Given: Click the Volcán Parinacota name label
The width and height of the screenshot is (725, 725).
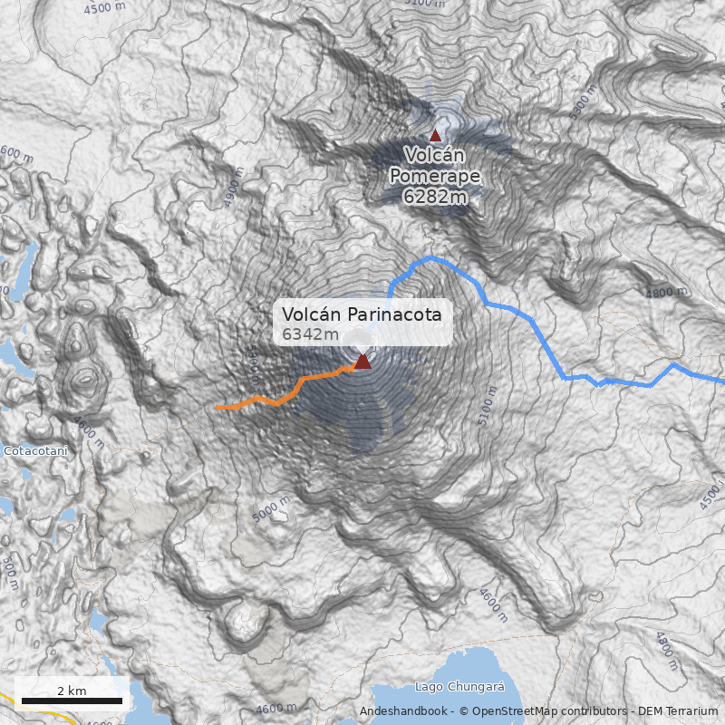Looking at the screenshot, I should pyautogui.click(x=362, y=314).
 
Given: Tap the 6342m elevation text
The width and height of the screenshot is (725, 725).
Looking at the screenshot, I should pyautogui.click(x=310, y=334).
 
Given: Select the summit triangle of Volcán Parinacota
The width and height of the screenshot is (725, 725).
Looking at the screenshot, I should pyautogui.click(x=362, y=362).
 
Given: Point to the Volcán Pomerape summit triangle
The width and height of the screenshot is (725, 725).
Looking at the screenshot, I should pyautogui.click(x=435, y=135).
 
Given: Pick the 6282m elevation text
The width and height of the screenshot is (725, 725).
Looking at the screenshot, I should pyautogui.click(x=436, y=196).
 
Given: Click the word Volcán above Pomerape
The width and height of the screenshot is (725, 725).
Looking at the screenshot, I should pyautogui.click(x=436, y=155).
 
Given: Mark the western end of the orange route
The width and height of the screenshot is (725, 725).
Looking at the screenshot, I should pyautogui.click(x=217, y=408).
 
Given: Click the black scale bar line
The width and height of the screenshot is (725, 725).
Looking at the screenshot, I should pyautogui.click(x=72, y=701).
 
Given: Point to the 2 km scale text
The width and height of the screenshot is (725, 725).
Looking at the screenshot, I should pyautogui.click(x=72, y=691).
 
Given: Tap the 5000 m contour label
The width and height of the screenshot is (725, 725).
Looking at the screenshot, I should pyautogui.click(x=271, y=509).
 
